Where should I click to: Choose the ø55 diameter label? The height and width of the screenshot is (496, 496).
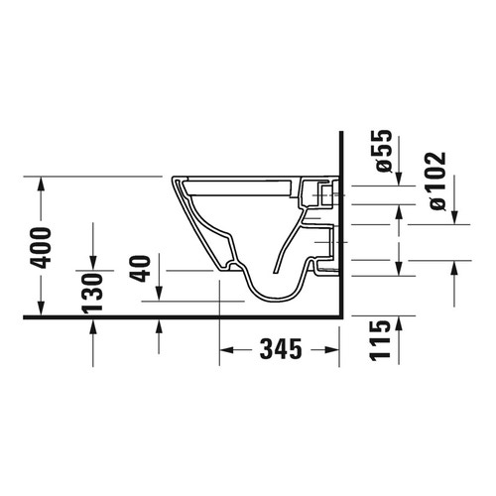[x=385, y=154]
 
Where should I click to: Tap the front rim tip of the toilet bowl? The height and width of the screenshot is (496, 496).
[x=175, y=182]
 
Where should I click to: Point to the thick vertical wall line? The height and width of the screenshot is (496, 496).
[x=339, y=228]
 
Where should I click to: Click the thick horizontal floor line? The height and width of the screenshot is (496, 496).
[x=179, y=316]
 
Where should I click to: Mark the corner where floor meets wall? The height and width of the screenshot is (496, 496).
[x=339, y=316]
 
